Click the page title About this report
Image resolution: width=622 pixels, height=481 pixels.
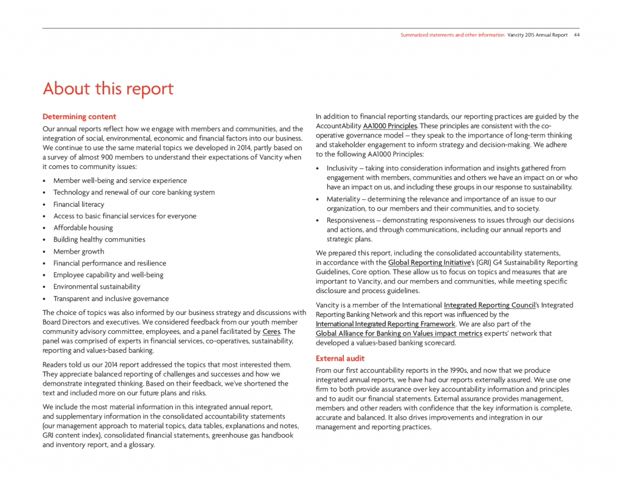pos(108,89)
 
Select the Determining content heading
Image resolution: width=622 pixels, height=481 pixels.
pos(79,117)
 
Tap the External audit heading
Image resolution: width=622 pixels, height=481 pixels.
pos(340,358)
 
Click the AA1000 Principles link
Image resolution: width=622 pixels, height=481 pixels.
pos(389,126)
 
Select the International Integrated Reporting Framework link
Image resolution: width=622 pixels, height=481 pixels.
pos(385,324)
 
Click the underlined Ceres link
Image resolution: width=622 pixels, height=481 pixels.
pos(271,331)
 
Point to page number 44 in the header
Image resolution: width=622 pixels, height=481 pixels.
pos(576,35)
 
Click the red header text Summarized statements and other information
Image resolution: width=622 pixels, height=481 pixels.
pos(452,35)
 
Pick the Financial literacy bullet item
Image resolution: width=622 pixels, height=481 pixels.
pos(78,204)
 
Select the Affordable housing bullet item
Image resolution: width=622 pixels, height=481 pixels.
pos(83,228)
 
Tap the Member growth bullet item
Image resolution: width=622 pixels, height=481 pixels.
pos(78,252)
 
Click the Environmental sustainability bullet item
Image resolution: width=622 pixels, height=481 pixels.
pos(97,287)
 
